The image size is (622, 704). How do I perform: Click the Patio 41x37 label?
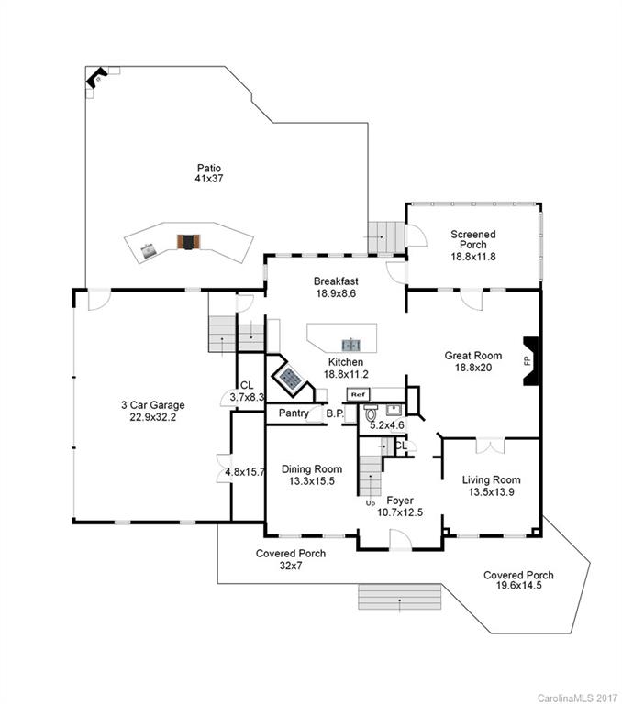[x=209, y=173]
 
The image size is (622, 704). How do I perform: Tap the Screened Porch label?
[x=472, y=246]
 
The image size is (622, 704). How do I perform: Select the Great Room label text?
[x=472, y=361]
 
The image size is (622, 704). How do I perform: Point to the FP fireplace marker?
[x=527, y=361]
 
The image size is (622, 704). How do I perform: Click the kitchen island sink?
[x=350, y=345]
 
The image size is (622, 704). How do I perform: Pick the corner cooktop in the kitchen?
[x=292, y=376]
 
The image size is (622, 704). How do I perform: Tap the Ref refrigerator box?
[x=356, y=394]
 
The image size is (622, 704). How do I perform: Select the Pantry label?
[x=294, y=413]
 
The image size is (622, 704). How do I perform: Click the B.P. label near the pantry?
[x=335, y=413]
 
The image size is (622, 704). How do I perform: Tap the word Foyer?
[x=399, y=500]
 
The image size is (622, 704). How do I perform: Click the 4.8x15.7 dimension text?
[x=244, y=473]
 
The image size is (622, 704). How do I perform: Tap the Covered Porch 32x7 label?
[x=290, y=559]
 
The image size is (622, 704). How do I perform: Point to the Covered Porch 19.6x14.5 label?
[x=518, y=580]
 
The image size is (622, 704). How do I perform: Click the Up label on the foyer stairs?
[x=371, y=504]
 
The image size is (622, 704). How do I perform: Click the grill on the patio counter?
[x=189, y=242]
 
